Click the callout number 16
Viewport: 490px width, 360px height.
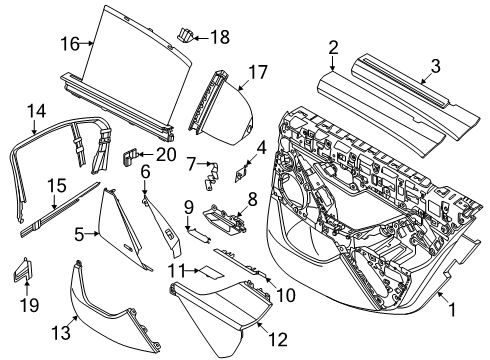pyautogui.click(x=68, y=42)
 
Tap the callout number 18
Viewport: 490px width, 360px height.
pyautogui.click(x=218, y=37)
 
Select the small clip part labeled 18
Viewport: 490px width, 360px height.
pyautogui.click(x=185, y=36)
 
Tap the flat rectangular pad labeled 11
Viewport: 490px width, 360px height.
pyautogui.click(x=211, y=271)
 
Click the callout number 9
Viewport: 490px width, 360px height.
pyautogui.click(x=187, y=207)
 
